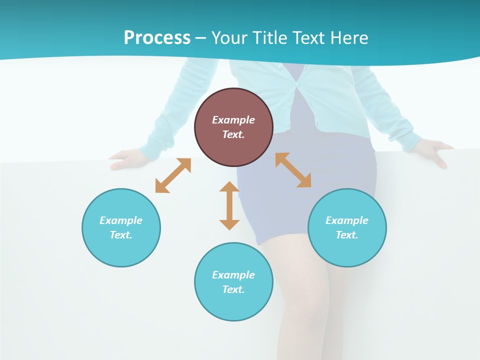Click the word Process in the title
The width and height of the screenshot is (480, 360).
pyautogui.click(x=157, y=37)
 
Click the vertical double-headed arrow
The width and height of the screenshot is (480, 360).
pyautogui.click(x=229, y=205)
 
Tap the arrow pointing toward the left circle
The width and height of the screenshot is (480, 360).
pyautogui.click(x=173, y=175)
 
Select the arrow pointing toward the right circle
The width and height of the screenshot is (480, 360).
pyautogui.click(x=293, y=170)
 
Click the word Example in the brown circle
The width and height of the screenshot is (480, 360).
pyautogui.click(x=233, y=120)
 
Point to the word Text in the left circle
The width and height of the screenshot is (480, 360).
pyautogui.click(x=121, y=235)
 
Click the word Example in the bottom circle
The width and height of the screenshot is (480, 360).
pyautogui.click(x=233, y=275)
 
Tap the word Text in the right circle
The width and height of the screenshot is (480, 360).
pyautogui.click(x=347, y=235)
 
